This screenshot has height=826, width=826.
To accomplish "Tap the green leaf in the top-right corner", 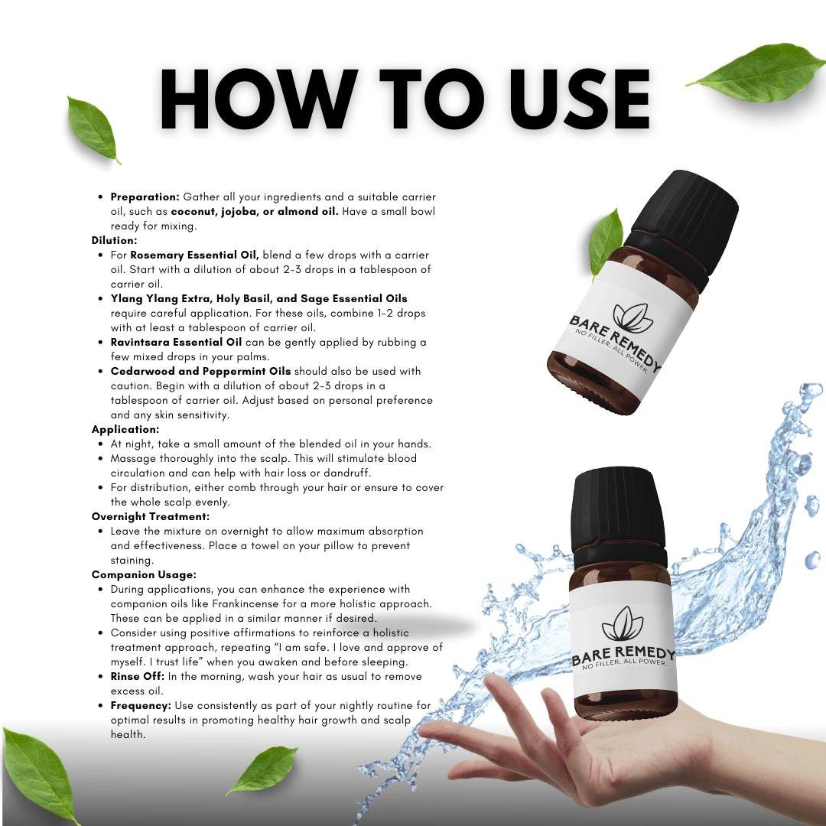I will tap(757, 72).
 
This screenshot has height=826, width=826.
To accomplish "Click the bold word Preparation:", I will tap(145, 197).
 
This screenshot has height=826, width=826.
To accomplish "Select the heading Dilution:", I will tap(114, 240).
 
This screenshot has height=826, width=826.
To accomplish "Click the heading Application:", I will tap(125, 429).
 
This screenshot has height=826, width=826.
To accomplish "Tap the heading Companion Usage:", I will tap(144, 574).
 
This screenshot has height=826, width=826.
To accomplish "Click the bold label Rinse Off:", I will tap(136, 677).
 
